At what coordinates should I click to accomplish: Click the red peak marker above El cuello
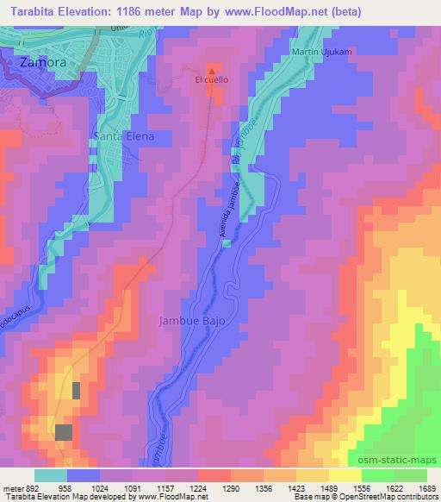[x=212, y=69]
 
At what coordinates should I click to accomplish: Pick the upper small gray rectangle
[x=76, y=390]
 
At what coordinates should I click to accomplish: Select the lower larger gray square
[x=64, y=432]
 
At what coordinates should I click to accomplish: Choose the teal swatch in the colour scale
[x=51, y=474]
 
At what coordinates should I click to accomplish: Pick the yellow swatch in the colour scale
[x=346, y=474]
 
